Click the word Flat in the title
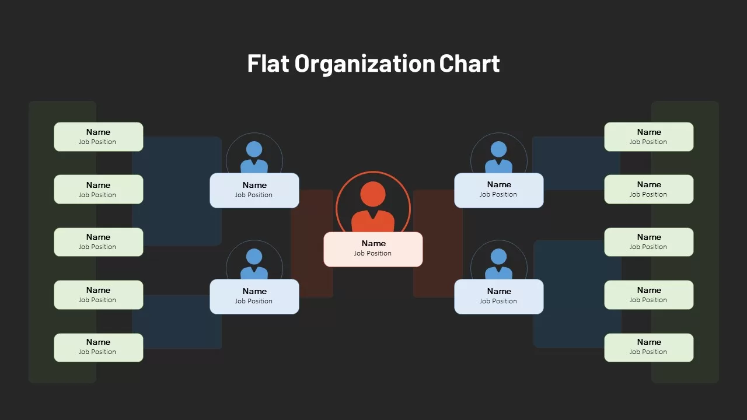coord(268,63)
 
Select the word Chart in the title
coord(469,63)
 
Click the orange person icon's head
coord(373,194)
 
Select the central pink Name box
coord(373,249)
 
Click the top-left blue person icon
coord(254,157)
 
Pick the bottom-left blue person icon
coord(254,264)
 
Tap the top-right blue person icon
coord(498,157)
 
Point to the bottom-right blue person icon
coord(498,264)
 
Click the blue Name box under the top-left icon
coord(254,190)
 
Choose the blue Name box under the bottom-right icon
coord(499,297)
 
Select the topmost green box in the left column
coord(99,136)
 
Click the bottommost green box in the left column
coord(99,348)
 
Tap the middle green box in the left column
coord(99,242)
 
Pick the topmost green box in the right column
coord(649,136)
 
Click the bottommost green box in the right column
coord(649,348)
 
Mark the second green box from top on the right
coord(649,190)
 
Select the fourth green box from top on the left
coord(99,295)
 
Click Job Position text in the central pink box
coord(372,253)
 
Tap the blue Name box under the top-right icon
coord(499,190)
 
